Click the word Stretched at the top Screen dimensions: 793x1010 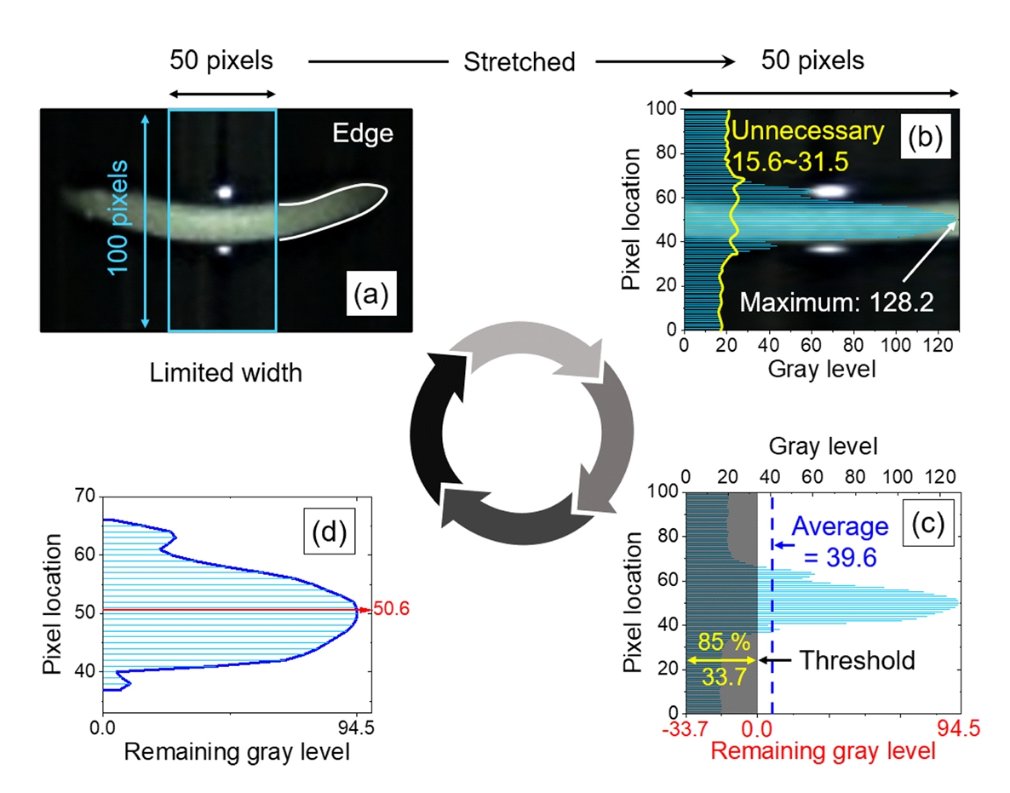click(519, 62)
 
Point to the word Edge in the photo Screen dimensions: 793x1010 click(370, 135)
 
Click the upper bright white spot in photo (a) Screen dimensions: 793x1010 click(224, 193)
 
